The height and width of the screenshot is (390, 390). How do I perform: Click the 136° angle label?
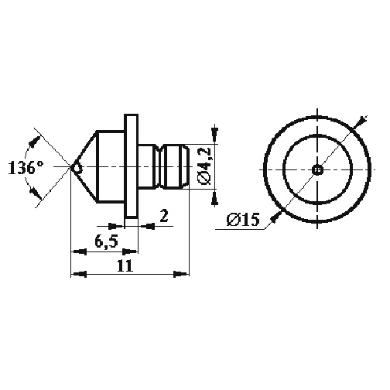26,168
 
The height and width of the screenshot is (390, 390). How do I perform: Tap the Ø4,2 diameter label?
205,166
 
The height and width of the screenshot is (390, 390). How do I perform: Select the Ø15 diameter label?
243,220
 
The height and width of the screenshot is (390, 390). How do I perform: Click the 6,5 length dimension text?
106,241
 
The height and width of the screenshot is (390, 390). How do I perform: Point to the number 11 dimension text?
125,265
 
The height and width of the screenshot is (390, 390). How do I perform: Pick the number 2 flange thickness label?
164,216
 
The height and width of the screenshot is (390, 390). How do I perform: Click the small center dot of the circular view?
317,169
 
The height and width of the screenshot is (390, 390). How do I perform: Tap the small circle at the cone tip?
77,168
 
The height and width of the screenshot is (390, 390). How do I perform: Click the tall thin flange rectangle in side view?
132,166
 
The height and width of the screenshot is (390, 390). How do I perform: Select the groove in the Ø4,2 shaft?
159,167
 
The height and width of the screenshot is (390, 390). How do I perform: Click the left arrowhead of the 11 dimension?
78,274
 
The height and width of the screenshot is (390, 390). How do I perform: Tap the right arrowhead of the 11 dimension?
181,274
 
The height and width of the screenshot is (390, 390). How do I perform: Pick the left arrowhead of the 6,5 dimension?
78,251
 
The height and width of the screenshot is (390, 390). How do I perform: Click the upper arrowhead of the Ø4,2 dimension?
214,135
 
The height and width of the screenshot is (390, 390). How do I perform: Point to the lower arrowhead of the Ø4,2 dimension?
214,198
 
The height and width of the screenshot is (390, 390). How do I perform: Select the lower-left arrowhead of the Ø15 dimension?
275,217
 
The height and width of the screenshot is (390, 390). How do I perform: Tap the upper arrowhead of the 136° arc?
35,142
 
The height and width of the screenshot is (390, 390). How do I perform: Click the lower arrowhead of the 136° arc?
36,193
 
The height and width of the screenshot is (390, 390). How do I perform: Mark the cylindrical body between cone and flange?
111,166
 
